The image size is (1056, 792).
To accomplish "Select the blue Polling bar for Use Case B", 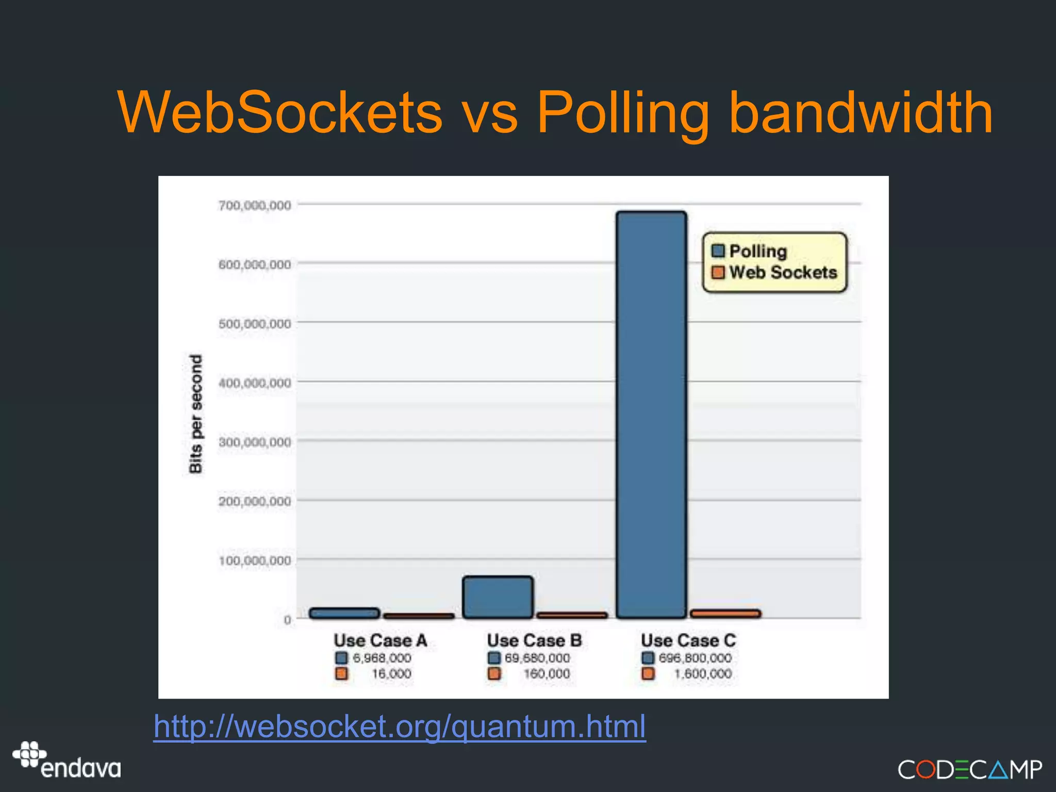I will click(498, 597).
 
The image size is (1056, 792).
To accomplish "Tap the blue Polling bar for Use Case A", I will click(344, 613).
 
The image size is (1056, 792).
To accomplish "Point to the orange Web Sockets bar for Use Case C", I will click(725, 613).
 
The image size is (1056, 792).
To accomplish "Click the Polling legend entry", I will click(750, 251).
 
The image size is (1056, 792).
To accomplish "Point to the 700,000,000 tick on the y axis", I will click(255, 205).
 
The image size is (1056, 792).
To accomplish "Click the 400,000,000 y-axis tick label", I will click(255, 383).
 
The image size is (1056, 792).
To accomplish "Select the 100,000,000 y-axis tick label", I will click(255, 560).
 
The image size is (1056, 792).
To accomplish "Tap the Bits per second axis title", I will click(196, 414).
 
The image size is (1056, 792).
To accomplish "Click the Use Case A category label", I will click(381, 640).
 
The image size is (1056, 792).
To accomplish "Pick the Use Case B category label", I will click(534, 640).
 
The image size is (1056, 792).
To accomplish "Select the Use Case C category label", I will click(688, 640).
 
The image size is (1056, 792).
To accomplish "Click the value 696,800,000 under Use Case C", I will click(695, 658).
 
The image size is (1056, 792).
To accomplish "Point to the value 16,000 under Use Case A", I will click(391, 674).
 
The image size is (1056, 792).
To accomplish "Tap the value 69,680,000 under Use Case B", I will click(537, 658).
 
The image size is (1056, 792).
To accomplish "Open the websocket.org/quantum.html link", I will click(400, 727).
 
